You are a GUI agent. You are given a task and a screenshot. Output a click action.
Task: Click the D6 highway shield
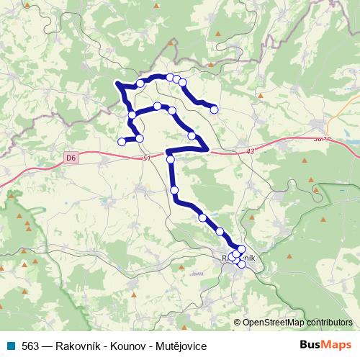point(70,156)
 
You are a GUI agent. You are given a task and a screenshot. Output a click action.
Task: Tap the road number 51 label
point(147,158)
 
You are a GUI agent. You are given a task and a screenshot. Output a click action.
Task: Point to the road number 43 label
point(250,150)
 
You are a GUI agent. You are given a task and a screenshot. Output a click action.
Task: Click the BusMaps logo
point(326,345)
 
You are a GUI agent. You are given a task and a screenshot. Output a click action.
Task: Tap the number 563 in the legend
point(30,346)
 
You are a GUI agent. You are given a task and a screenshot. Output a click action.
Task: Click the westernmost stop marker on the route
point(122,142)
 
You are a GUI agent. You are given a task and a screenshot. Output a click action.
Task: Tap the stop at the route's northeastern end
point(214,109)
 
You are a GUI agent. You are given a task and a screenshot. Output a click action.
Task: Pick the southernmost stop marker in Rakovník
point(241,264)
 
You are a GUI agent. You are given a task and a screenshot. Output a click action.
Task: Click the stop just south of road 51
point(171,160)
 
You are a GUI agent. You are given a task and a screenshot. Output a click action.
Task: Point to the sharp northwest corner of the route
point(117,84)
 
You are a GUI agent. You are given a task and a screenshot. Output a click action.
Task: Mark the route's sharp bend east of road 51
point(207,149)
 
